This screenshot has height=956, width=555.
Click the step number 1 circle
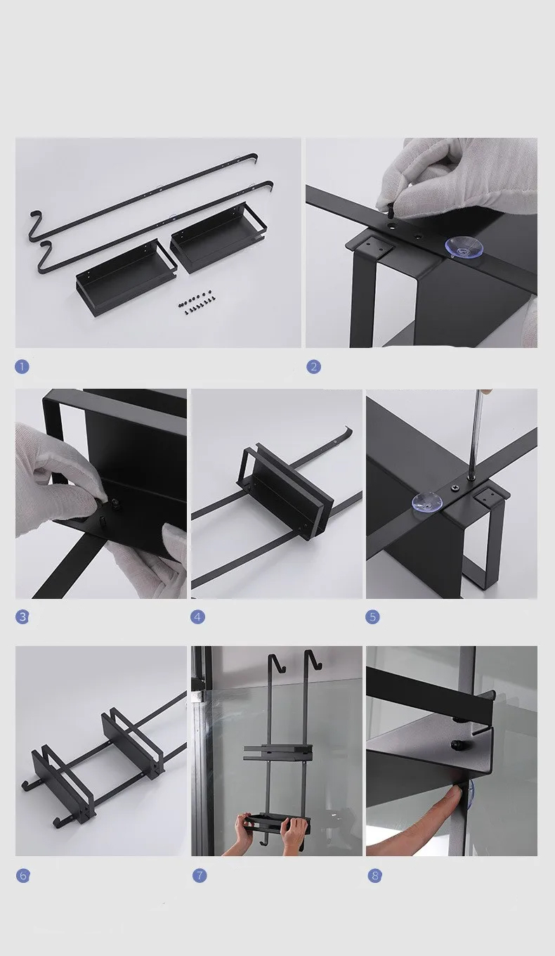(x=22, y=367)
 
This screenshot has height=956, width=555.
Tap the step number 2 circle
(x=313, y=367)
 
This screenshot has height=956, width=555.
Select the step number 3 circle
(x=22, y=616)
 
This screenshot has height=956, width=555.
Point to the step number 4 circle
(x=197, y=616)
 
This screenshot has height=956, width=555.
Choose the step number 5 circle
(x=372, y=616)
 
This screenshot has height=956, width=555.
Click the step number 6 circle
(x=23, y=876)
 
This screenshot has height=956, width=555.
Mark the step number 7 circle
(x=200, y=876)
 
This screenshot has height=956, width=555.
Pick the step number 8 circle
(x=375, y=876)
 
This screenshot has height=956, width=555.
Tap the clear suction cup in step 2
(x=464, y=247)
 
